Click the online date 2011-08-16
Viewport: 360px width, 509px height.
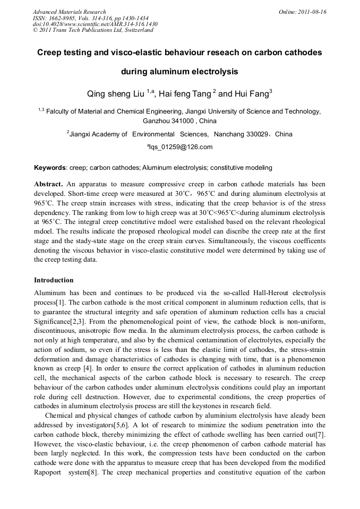pos(312,12)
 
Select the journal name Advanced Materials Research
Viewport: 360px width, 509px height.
pos(69,12)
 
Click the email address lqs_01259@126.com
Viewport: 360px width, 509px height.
pos(181,147)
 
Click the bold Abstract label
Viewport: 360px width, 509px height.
pos(48,183)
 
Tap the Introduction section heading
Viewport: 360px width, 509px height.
pos(54,280)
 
